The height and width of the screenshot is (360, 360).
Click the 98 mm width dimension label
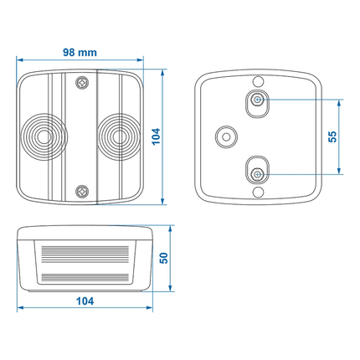pyautogui.click(x=80, y=51)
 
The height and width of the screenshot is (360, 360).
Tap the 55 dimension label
pyautogui.click(x=332, y=136)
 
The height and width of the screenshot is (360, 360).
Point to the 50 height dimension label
pyautogui.click(x=165, y=258)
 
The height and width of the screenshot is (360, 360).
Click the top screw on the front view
pyautogui.click(x=81, y=83)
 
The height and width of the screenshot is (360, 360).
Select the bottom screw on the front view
pyautogui.click(x=81, y=191)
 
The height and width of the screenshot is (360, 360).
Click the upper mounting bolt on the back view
pyautogui.click(x=258, y=100)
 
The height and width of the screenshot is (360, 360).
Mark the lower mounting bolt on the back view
pyautogui.click(x=258, y=172)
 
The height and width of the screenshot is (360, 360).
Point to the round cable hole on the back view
pyautogui.click(x=224, y=136)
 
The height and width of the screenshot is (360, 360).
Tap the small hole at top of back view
pyautogui.click(x=258, y=80)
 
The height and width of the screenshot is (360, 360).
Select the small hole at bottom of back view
pyautogui.click(x=258, y=193)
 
